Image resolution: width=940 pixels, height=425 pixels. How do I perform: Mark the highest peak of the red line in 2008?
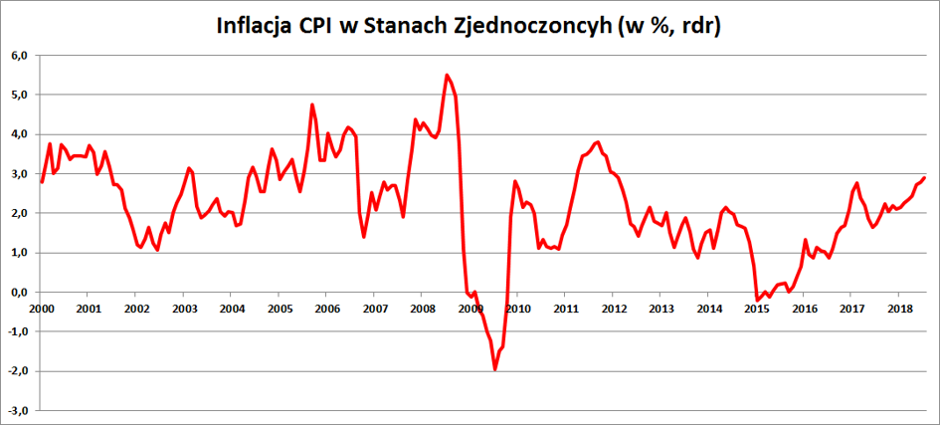point(447,75)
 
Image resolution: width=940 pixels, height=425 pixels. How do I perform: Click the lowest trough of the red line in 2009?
point(494,370)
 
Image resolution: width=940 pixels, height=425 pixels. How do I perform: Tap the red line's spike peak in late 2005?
point(312,105)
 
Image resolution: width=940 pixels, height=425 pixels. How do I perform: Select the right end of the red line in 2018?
point(925,178)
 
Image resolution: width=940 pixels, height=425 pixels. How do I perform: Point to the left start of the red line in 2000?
point(41,182)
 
